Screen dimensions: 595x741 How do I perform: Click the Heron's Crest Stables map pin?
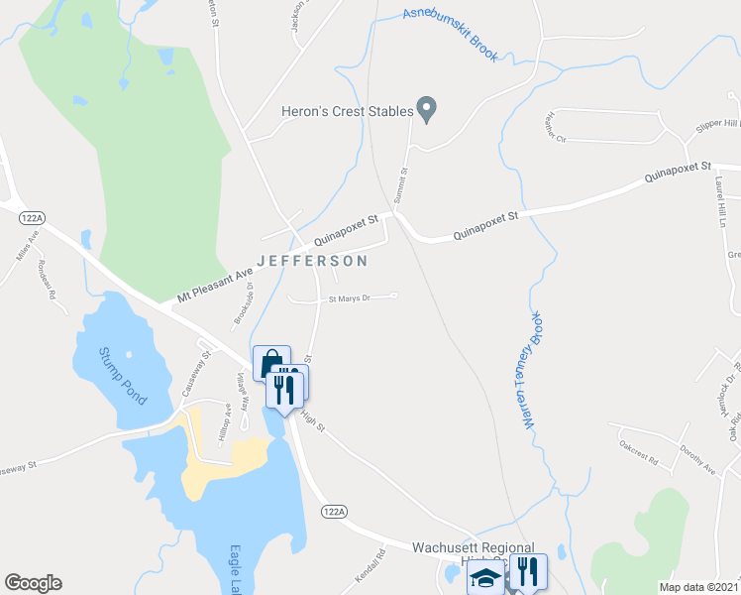427,109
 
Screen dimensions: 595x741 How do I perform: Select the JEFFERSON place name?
312,261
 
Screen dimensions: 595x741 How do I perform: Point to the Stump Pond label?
122,375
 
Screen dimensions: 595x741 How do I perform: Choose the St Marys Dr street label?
349,297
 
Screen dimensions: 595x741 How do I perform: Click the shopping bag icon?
270,364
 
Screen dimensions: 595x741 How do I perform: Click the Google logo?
33,583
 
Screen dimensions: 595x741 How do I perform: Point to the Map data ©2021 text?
698,587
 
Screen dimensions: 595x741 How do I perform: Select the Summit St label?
402,184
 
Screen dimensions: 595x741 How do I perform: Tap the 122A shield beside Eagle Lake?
334,511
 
